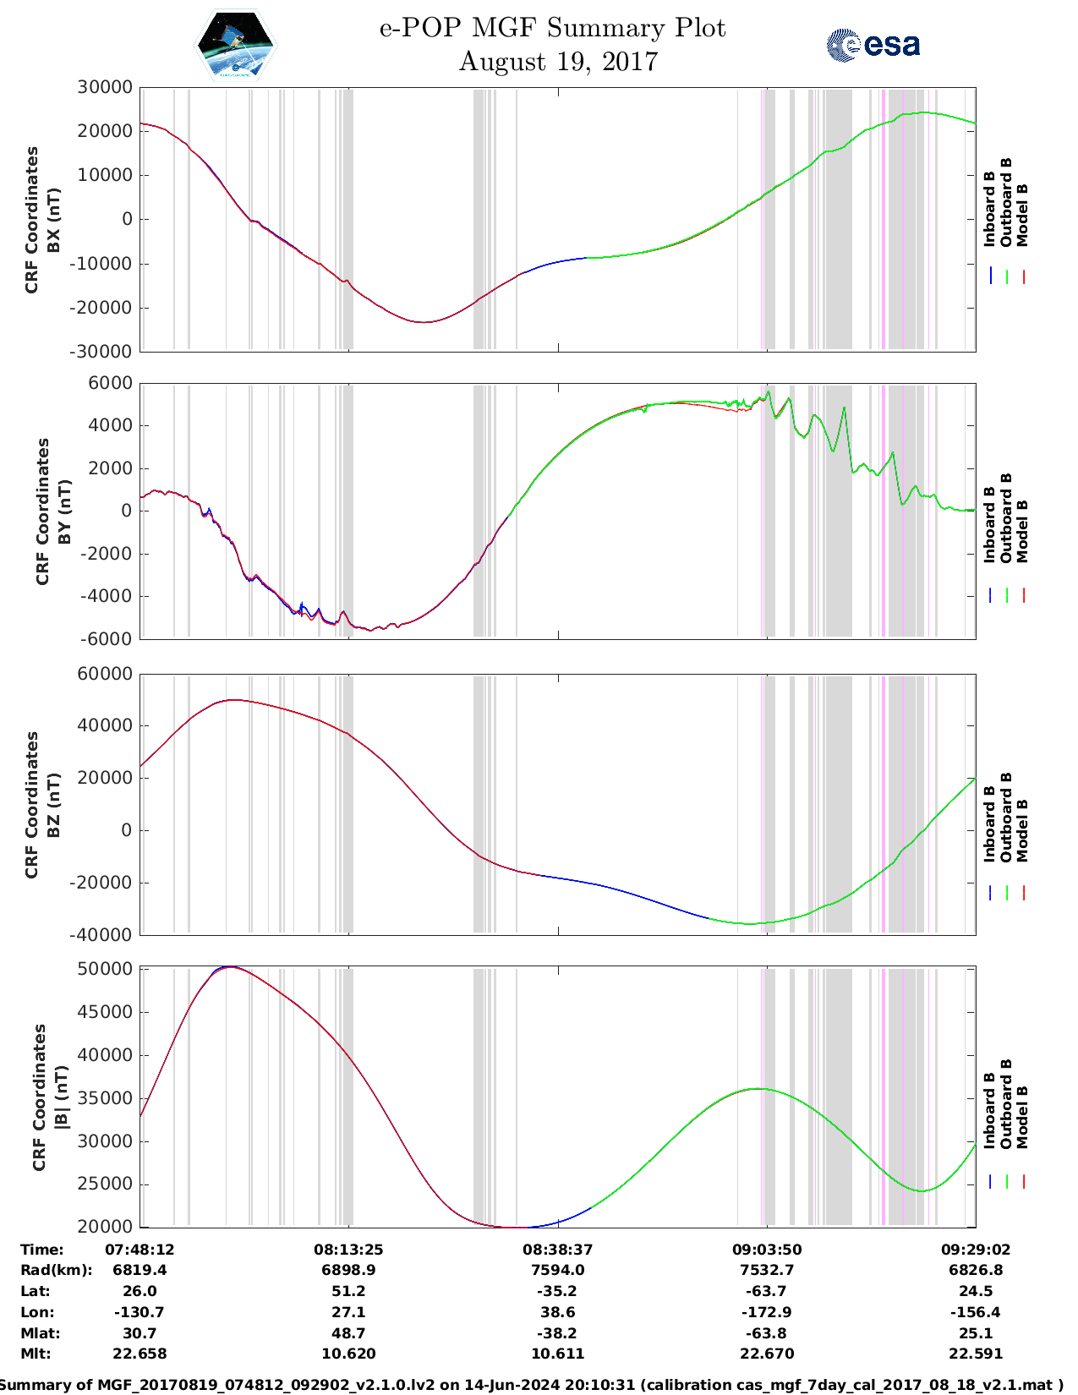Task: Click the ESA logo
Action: [x=873, y=45]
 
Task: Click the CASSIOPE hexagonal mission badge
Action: [x=234, y=45]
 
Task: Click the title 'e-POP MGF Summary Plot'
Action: [x=552, y=28]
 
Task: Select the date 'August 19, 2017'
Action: [x=558, y=62]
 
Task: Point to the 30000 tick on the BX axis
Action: [x=105, y=87]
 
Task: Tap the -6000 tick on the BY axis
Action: [x=107, y=639]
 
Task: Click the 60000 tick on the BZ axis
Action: [x=105, y=674]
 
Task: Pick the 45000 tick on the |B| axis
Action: [x=105, y=1012]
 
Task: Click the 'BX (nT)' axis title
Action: [x=54, y=220]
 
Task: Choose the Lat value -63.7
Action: [x=767, y=1291]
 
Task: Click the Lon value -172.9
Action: [x=767, y=1312]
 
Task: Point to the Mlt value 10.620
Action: [x=348, y=1354]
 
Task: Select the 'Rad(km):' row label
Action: [x=57, y=1270]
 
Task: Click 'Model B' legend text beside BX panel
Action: [x=1022, y=215]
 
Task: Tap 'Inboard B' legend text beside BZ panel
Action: [x=990, y=824]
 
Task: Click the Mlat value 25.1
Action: [x=976, y=1333]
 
